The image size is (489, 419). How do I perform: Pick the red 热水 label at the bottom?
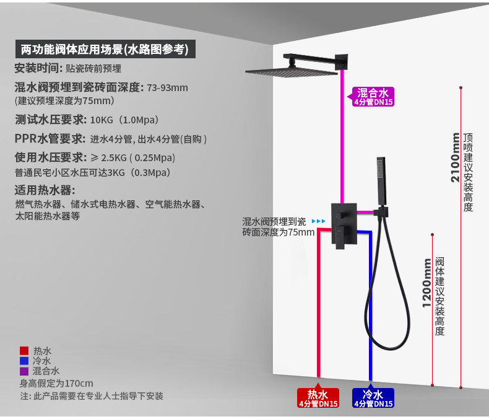pos(319,398)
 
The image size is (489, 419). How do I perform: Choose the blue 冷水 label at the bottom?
pos(373,398)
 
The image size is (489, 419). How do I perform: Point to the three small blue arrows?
pos(318,221)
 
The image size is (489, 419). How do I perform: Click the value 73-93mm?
pos(168,87)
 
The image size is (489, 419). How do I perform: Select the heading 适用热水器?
pos(45,190)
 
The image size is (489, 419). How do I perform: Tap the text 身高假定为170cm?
pos(56,383)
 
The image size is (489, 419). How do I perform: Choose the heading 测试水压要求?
pos(51,119)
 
